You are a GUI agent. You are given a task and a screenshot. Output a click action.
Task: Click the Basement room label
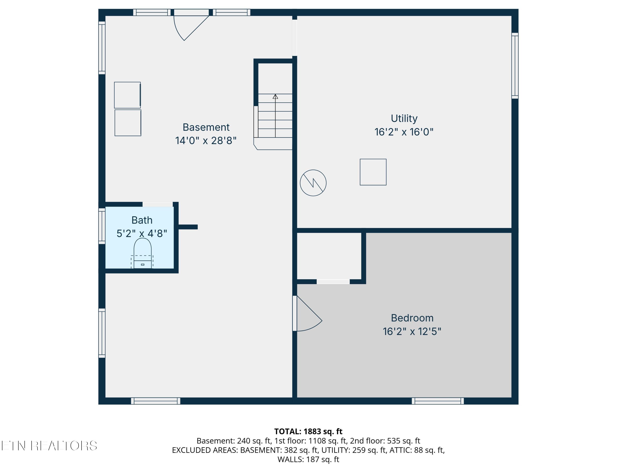coord(206,127)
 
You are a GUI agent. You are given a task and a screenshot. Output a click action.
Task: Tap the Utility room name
coord(404,119)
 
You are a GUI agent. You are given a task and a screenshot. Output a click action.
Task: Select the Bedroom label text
coord(412,318)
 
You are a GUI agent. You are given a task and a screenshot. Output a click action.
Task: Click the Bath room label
coord(142,220)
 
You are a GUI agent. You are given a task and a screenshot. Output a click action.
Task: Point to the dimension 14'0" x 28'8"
coord(206,141)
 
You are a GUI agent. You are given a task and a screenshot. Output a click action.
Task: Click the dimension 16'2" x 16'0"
coord(404,132)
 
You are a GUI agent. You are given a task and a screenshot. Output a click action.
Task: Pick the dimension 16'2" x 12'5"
coord(412,332)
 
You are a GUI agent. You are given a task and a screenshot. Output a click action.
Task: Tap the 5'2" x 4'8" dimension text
coord(142,233)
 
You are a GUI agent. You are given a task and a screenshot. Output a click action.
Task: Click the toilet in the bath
coord(142,253)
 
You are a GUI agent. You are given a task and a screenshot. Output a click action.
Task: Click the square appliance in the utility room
coord(373,172)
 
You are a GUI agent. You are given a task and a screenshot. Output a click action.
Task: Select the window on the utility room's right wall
coord(515,66)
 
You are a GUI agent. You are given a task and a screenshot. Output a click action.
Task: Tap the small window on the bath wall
coord(102,226)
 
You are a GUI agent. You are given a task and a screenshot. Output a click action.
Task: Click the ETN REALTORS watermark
coord(49,446)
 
